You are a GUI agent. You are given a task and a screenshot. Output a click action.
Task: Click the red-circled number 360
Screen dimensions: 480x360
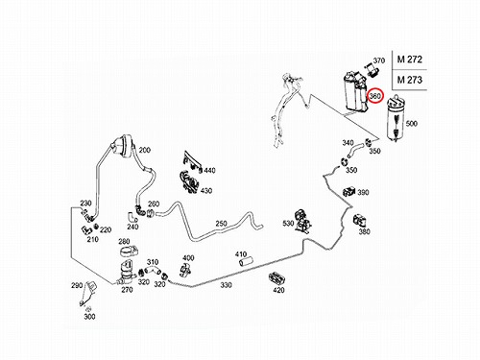(x=374, y=96)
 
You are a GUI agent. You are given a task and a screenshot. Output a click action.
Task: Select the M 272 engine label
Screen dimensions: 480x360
(x=410, y=60)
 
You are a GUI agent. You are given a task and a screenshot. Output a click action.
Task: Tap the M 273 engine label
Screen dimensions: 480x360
(x=410, y=80)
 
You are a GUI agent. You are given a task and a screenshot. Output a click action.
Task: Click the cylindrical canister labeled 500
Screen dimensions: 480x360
(x=396, y=118)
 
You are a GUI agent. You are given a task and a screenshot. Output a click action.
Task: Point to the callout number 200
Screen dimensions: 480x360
(x=145, y=150)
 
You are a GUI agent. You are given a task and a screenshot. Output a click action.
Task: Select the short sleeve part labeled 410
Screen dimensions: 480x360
(x=246, y=262)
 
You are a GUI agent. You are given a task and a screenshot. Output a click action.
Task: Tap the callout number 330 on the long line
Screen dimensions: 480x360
(x=226, y=285)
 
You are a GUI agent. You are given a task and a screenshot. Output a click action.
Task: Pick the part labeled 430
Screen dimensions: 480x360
(x=190, y=182)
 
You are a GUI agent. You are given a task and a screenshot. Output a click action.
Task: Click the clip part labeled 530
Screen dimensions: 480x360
(x=302, y=221)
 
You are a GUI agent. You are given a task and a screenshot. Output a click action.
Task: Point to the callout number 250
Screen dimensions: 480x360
(x=221, y=224)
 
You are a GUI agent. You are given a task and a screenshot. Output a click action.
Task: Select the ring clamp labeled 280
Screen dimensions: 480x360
(x=129, y=251)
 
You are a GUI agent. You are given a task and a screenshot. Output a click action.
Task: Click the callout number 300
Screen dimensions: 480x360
(x=89, y=317)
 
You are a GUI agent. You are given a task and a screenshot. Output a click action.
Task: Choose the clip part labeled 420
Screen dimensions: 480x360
(x=276, y=278)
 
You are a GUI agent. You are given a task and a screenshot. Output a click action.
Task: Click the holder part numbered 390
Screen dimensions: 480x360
(x=348, y=191)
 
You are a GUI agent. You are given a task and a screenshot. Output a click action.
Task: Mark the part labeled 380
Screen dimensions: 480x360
(x=360, y=220)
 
